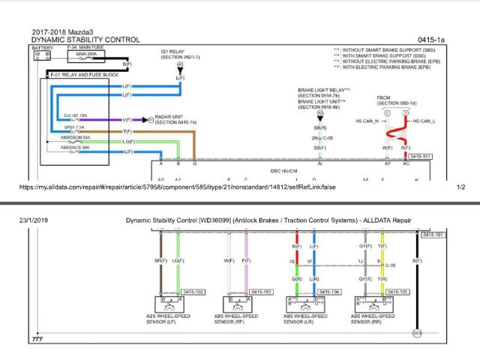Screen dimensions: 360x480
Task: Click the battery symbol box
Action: click(x=40, y=55)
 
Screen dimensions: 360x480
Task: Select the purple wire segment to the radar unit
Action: click(x=97, y=119)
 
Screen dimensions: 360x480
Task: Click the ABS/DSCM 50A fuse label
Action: click(x=75, y=137)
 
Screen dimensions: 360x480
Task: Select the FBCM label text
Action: click(x=383, y=97)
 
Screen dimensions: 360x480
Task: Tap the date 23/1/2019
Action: click(x=33, y=219)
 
